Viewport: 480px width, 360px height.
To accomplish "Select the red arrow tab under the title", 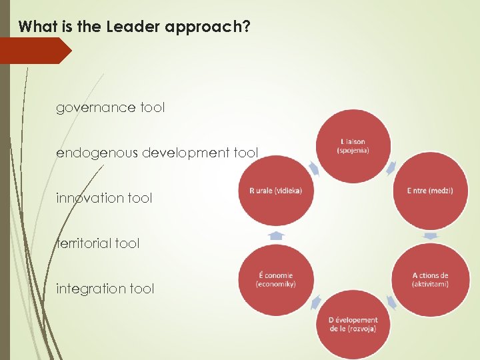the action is (35, 51).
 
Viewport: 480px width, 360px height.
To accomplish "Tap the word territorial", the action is (83, 243).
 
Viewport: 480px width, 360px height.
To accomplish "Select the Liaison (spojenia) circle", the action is (353, 146).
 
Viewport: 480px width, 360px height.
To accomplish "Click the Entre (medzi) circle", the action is (430, 191).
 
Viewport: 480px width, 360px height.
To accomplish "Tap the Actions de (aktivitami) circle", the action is (430, 279).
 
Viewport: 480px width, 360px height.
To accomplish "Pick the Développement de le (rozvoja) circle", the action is (353, 324).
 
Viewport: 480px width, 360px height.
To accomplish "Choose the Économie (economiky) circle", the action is (276, 279).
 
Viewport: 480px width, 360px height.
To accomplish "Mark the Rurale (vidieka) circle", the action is (276, 191).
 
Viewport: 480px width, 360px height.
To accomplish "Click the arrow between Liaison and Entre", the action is (392, 167).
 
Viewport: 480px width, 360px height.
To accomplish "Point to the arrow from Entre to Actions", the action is (430, 235).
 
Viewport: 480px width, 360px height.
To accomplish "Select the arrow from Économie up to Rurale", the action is (276, 235).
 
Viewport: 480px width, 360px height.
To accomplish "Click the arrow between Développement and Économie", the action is (315, 303).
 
